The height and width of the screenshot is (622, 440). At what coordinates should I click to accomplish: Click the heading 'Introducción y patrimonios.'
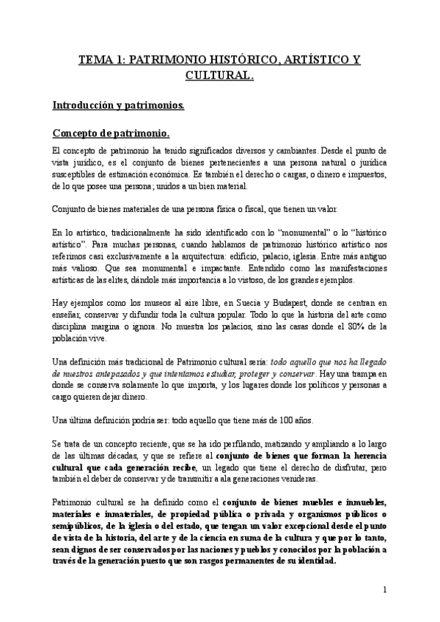click(118, 105)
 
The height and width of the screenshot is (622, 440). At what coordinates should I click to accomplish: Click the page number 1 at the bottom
click(384, 589)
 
